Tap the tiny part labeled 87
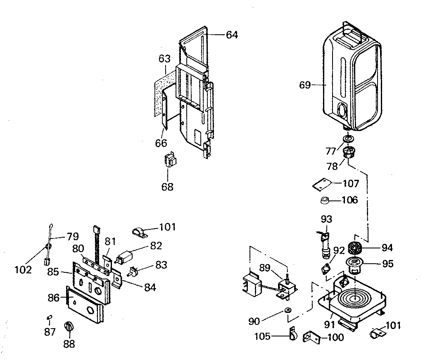coord(49,317)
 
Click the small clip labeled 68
coord(170,161)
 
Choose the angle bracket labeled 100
coord(311,337)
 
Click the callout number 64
coord(232,35)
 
